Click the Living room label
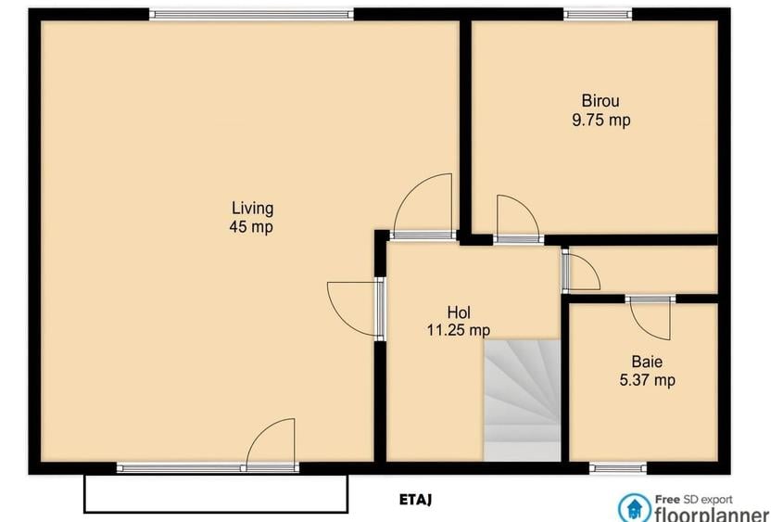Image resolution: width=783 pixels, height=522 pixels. click(x=252, y=208)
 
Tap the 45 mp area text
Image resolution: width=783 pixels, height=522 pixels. click(x=252, y=226)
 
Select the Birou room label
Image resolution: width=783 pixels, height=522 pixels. click(x=600, y=101)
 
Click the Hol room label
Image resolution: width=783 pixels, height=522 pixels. click(x=460, y=312)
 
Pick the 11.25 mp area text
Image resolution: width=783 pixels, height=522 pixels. click(x=458, y=330)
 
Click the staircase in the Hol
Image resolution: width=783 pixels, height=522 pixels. click(x=523, y=399)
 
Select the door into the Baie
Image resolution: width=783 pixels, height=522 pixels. click(x=650, y=318)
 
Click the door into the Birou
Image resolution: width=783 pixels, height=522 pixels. click(x=517, y=221)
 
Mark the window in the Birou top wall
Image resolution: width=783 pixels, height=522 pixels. click(x=598, y=14)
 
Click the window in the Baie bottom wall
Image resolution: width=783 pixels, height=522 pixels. click(x=618, y=467)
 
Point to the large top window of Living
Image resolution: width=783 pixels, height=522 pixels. click(x=251, y=14)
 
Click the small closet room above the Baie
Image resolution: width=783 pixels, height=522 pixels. click(x=653, y=270)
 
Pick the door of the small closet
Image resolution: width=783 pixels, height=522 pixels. click(x=581, y=273)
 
